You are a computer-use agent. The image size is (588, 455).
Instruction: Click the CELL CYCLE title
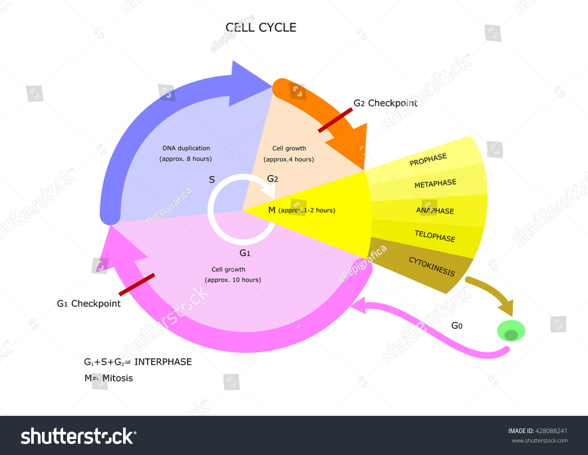261,27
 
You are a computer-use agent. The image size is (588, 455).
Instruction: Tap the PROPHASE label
428,160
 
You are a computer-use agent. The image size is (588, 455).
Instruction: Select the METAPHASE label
435,183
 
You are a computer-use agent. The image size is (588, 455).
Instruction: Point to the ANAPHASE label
435,210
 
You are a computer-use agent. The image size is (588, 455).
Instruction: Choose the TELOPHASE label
435,236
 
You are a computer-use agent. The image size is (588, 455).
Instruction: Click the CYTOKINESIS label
432,266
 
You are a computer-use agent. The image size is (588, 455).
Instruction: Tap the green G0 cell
511,331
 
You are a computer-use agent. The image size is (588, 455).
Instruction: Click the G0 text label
457,326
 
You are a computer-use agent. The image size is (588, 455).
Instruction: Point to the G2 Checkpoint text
385,103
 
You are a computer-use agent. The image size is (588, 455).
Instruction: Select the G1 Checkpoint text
89,304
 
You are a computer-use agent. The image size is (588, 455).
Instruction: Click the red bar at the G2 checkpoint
335,120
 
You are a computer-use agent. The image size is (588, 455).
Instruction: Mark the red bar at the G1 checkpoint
137,285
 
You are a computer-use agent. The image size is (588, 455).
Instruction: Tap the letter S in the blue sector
212,180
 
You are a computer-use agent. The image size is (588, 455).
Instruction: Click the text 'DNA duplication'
186,148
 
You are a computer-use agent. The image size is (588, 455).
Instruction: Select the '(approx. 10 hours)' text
233,280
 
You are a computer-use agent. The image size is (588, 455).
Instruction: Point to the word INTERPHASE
163,362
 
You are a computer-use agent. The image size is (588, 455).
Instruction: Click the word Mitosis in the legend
118,378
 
